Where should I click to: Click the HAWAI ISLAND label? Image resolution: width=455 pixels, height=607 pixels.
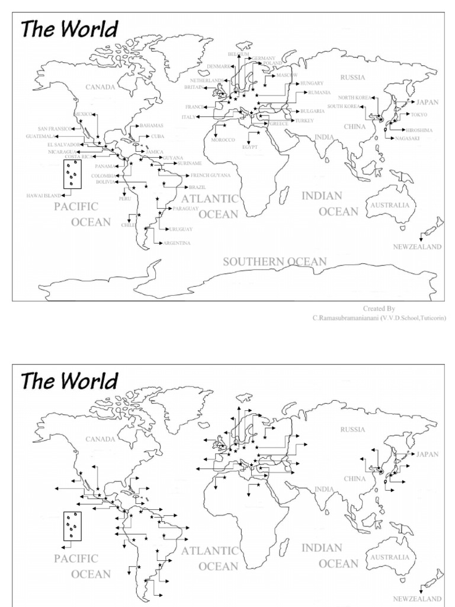click(44, 196)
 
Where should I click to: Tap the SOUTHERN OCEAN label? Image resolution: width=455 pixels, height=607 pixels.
click(274, 261)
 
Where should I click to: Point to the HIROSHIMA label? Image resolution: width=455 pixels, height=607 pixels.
click(419, 130)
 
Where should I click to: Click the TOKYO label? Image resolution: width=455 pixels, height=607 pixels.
click(419, 114)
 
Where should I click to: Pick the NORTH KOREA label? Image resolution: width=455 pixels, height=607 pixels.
click(355, 97)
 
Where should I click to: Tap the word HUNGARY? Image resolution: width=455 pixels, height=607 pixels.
click(312, 84)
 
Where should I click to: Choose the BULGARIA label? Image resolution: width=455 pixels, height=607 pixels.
click(312, 111)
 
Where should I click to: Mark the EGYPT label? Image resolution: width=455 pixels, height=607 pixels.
click(250, 146)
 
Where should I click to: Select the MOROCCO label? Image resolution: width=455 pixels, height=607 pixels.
click(223, 140)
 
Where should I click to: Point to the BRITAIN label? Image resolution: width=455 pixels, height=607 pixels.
click(194, 87)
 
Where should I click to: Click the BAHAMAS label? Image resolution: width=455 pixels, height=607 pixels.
click(152, 126)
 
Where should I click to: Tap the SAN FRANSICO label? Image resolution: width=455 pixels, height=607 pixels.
click(55, 129)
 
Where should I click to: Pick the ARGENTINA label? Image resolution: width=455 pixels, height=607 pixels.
click(177, 243)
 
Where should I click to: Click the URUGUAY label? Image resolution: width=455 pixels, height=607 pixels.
click(181, 229)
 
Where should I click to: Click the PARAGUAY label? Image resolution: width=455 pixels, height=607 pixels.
click(185, 209)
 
